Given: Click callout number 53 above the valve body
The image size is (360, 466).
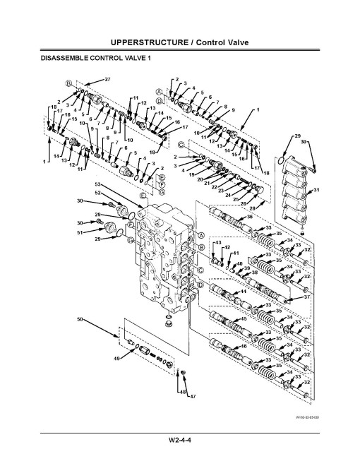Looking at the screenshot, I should pos(98,184).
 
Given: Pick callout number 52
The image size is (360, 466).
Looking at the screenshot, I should pos(98,192).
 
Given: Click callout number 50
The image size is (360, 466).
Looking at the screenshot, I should pos(81,319).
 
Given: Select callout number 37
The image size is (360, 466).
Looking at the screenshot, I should pos(306,297).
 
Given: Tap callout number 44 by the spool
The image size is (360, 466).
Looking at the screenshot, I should pos(243,291).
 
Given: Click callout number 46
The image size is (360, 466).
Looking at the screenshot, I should pos(244,346).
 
